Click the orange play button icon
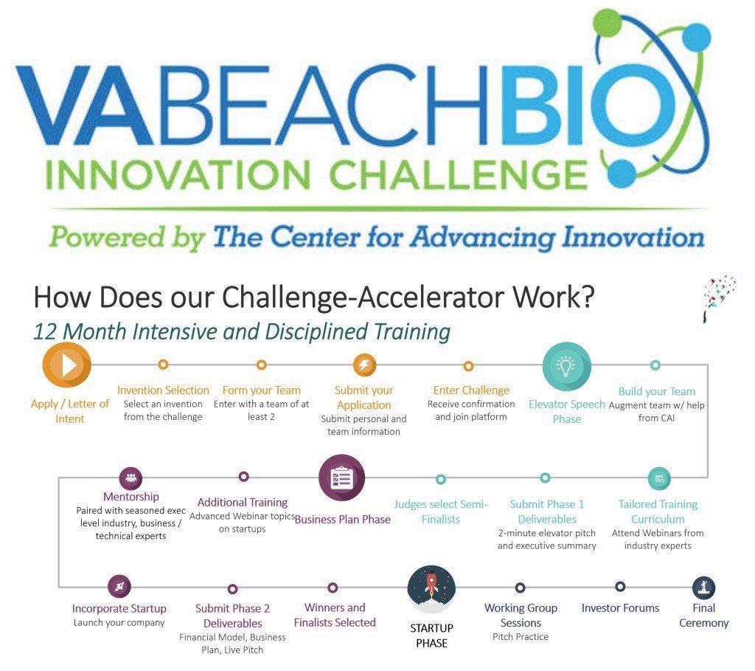(x=67, y=365)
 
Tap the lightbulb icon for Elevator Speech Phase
(x=566, y=366)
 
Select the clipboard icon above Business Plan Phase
(x=341, y=478)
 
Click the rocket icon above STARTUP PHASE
(x=431, y=588)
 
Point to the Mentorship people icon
(x=131, y=478)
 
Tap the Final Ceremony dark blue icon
(x=704, y=588)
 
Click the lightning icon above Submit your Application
(x=364, y=365)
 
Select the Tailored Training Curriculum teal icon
(x=659, y=478)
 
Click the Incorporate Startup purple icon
(x=119, y=587)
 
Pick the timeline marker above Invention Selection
(x=163, y=365)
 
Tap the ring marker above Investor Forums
(x=620, y=587)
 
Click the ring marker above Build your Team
(x=655, y=365)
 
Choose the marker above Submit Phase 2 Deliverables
(x=232, y=589)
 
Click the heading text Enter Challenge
(x=471, y=390)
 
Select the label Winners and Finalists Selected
(x=335, y=615)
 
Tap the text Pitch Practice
(x=521, y=636)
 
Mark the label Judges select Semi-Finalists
(x=440, y=512)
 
